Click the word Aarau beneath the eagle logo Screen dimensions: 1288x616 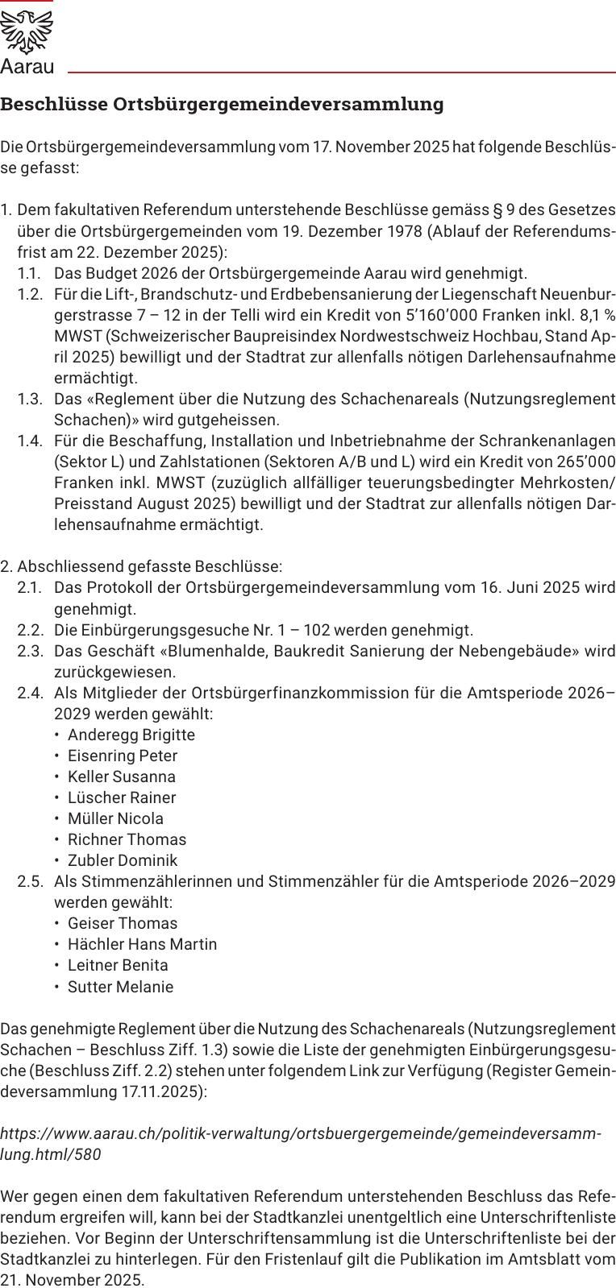click(x=27, y=67)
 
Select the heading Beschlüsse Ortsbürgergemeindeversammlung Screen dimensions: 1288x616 click(x=222, y=104)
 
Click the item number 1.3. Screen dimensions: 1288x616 click(x=30, y=399)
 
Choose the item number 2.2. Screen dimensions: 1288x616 click(x=30, y=629)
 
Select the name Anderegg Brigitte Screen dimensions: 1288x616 click(x=131, y=734)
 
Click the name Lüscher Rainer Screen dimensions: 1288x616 click(x=122, y=797)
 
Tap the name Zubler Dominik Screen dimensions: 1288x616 click(x=123, y=859)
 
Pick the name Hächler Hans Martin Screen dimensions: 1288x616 click(x=142, y=943)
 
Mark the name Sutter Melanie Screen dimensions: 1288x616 click(x=120, y=986)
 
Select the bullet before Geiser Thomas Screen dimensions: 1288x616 click(x=57, y=923)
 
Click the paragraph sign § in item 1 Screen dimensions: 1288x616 click(x=497, y=210)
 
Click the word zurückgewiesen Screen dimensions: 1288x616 click(x=114, y=671)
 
